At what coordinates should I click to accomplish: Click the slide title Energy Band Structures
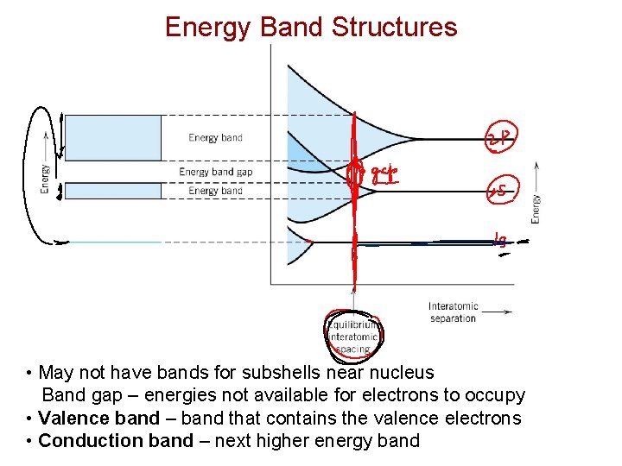(311, 27)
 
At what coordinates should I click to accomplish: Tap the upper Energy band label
(215, 138)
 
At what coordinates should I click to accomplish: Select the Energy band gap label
(215, 172)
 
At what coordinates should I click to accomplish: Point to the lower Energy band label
(215, 191)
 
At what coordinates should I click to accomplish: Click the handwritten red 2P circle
(500, 139)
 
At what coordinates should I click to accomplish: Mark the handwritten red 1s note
(500, 242)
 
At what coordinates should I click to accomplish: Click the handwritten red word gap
(384, 175)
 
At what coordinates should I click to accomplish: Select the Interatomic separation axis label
(452, 312)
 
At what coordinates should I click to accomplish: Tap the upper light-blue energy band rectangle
(113, 138)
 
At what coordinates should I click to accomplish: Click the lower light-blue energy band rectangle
(113, 191)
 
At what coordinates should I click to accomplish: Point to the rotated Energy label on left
(45, 179)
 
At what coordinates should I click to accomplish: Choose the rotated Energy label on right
(536, 209)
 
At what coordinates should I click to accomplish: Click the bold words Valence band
(99, 419)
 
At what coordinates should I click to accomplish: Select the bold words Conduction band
(108, 441)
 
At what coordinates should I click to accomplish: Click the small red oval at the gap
(352, 176)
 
